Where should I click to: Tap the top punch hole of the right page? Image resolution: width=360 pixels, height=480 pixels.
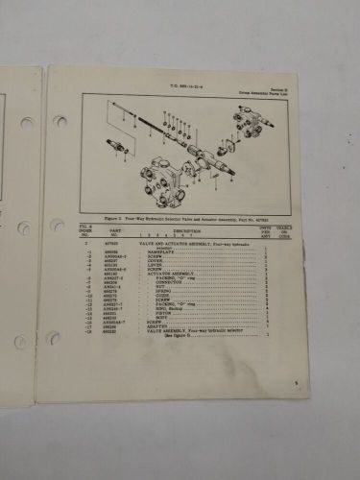(x=60, y=121)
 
